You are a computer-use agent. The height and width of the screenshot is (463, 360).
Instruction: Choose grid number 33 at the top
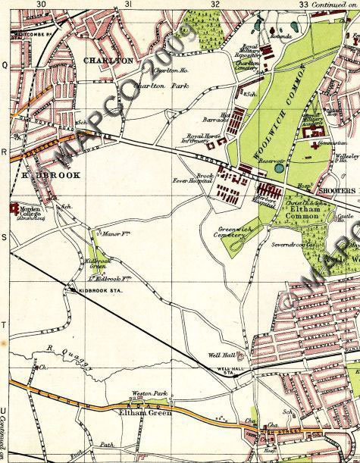tap(302, 5)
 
